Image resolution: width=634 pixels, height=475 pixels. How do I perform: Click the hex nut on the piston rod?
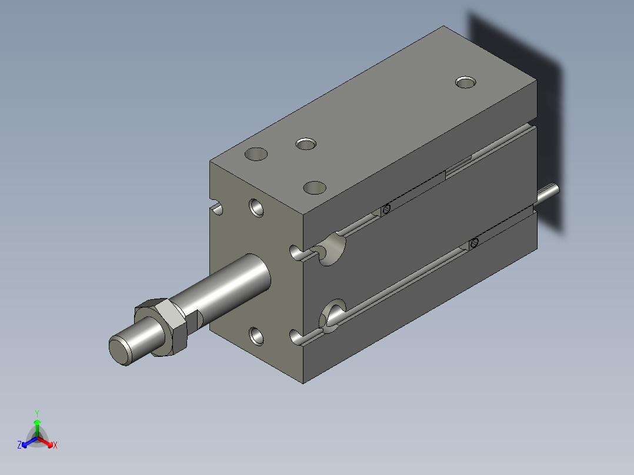click(x=161, y=327)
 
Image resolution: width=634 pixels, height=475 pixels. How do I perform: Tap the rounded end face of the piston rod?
click(x=121, y=351)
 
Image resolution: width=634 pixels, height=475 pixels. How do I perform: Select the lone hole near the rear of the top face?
click(x=465, y=82)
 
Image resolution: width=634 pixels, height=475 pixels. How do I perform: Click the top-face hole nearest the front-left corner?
click(x=256, y=154)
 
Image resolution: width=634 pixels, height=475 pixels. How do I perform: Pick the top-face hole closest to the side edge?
click(x=315, y=188)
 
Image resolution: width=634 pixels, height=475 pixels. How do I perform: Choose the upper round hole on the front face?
click(x=256, y=208)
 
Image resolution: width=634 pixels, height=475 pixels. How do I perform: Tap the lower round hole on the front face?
click(x=256, y=336)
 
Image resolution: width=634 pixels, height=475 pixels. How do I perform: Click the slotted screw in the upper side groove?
click(x=386, y=209)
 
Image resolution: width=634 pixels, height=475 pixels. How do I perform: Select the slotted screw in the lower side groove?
click(x=475, y=243)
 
